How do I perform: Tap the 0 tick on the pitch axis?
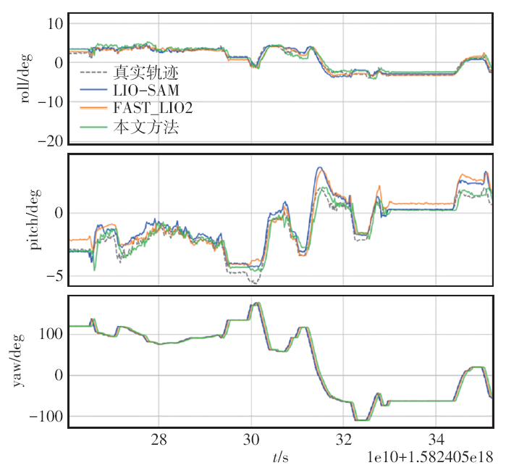click(59, 213)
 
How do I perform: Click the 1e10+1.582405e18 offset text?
click(429, 457)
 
